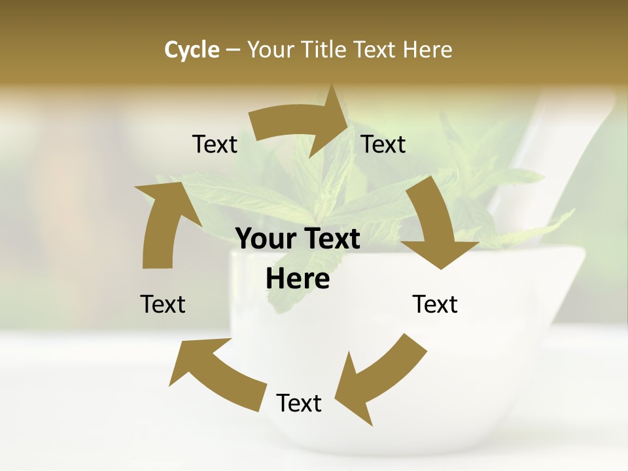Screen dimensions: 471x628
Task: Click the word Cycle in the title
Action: [x=192, y=50]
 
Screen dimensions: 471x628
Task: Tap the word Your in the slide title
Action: [x=271, y=50]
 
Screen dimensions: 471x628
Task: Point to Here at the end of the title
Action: [x=426, y=50]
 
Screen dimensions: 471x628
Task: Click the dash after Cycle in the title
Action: [x=234, y=50]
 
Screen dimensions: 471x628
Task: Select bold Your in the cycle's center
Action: [x=264, y=239]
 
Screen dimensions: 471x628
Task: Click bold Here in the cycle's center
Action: [x=298, y=279]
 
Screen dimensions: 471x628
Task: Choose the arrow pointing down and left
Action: [x=376, y=379]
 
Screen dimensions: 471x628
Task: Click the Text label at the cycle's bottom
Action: [x=299, y=403]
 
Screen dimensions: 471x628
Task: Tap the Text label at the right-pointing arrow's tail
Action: [x=215, y=144]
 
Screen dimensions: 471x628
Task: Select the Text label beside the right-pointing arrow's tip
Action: [x=383, y=144]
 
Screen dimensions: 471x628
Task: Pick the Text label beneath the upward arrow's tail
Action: [x=163, y=304]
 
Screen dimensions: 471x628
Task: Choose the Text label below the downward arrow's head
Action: [x=435, y=304]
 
